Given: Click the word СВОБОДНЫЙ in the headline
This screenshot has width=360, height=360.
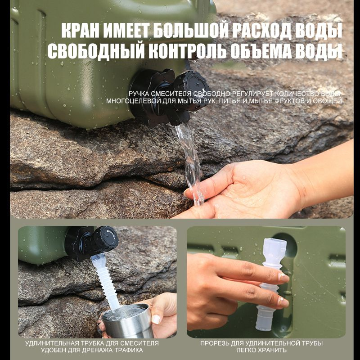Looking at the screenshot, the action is [x=96, y=50].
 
